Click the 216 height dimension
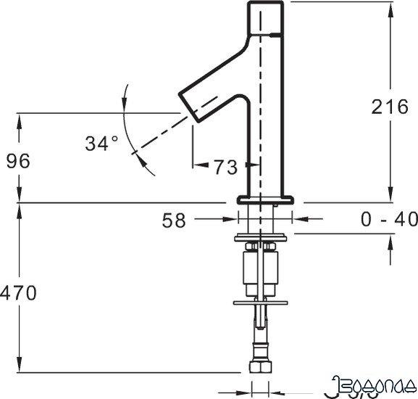pos(390,107)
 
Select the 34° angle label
pos(101,144)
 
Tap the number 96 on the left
pos(19,161)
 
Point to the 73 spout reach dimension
pos(225,168)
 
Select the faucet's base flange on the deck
pos(265,198)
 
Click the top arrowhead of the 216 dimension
pos(391,6)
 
